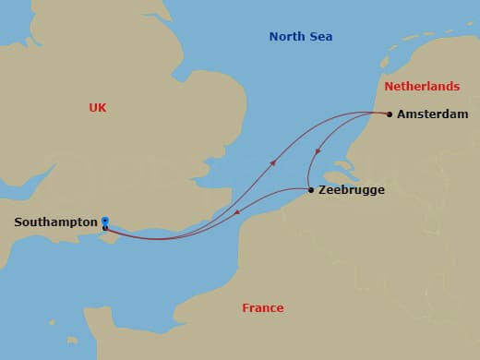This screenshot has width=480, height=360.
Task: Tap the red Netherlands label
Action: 421,87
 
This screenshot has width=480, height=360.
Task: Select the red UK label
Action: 98,108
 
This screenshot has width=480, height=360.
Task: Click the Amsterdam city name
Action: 433,114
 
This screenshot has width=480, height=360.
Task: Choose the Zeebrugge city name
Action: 351,190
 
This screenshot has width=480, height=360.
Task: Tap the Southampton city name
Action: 55,222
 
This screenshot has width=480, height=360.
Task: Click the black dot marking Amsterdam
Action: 390,114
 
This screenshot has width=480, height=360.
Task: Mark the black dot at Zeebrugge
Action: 310,190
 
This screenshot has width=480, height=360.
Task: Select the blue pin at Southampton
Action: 105,222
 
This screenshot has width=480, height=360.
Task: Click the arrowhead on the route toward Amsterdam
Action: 272,162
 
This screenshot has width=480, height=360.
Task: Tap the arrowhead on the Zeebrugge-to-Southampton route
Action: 238,214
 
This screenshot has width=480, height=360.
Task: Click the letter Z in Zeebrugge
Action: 322,190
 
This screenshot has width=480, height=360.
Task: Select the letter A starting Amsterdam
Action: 402,114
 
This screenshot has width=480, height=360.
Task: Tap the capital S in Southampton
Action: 18,222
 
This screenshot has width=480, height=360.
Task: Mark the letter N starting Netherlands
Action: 389,87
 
